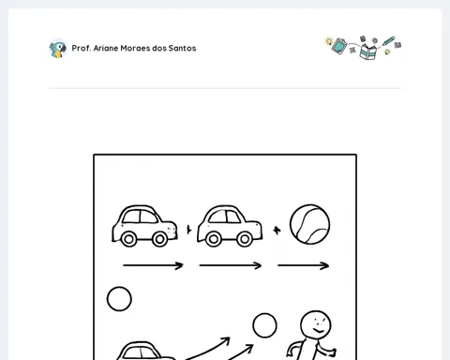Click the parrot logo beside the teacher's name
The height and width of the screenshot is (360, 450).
58,49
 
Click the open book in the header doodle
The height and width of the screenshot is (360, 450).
368,52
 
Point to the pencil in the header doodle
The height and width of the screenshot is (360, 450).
388,41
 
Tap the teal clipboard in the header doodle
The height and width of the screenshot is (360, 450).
339,46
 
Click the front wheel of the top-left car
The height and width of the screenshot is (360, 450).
159,239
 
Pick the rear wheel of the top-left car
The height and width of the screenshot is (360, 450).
128,239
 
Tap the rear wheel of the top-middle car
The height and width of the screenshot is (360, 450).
214,239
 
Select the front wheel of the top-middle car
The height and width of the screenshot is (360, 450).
245,239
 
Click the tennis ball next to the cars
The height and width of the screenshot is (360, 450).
309,224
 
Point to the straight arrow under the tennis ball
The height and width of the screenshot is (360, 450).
303,265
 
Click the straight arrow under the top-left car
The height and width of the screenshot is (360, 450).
153,265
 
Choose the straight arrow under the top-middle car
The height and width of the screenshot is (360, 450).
231,265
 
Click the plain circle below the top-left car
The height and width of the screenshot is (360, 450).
119,299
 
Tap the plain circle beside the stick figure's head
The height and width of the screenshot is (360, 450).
264,325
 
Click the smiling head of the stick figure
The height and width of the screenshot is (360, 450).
316,326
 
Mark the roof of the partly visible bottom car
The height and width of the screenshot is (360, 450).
142,344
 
